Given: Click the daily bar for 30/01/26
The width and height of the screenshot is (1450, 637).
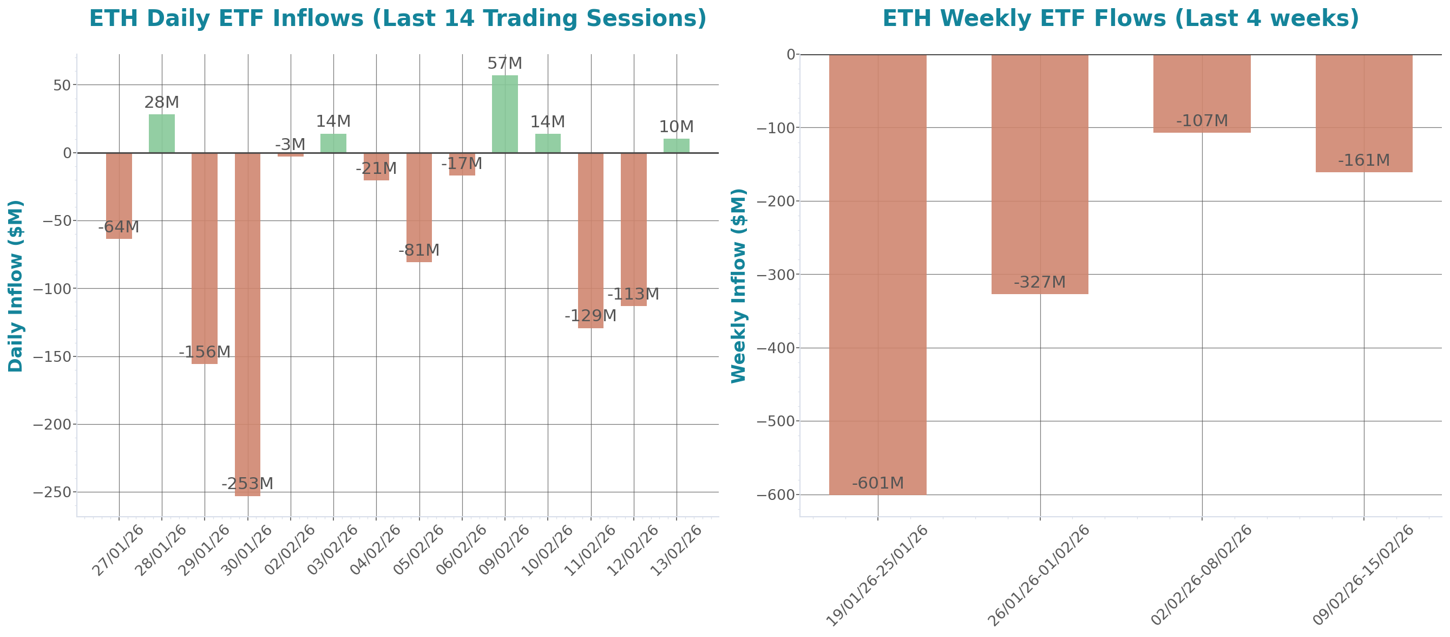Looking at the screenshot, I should tap(248, 324).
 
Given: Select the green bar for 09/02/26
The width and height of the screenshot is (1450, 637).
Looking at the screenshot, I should tap(505, 114).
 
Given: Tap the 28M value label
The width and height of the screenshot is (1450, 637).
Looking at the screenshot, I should tap(161, 102).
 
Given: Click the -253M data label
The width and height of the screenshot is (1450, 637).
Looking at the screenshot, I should tap(247, 483).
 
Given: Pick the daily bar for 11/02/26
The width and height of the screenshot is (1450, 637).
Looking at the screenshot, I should tap(591, 240).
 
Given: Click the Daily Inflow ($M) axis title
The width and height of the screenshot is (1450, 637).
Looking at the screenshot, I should tap(15, 285).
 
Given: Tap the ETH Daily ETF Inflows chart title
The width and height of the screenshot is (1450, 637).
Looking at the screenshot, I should tap(397, 18).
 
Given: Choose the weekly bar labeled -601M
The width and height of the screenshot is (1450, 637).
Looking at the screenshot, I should tap(877, 274).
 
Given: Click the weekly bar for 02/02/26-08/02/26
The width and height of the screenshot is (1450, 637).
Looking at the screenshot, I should tap(1202, 94).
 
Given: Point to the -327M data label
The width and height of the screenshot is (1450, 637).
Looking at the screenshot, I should tap(1040, 282).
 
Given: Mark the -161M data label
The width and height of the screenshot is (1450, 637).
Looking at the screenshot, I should tap(1364, 160).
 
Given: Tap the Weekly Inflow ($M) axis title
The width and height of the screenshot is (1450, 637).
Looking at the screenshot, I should tap(738, 285).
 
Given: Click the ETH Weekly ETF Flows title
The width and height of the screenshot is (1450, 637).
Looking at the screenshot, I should tap(1120, 18).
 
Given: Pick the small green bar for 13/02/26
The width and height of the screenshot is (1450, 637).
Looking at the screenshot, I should tap(677, 145).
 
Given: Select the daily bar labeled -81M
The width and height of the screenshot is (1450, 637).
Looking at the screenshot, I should tap(419, 207).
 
